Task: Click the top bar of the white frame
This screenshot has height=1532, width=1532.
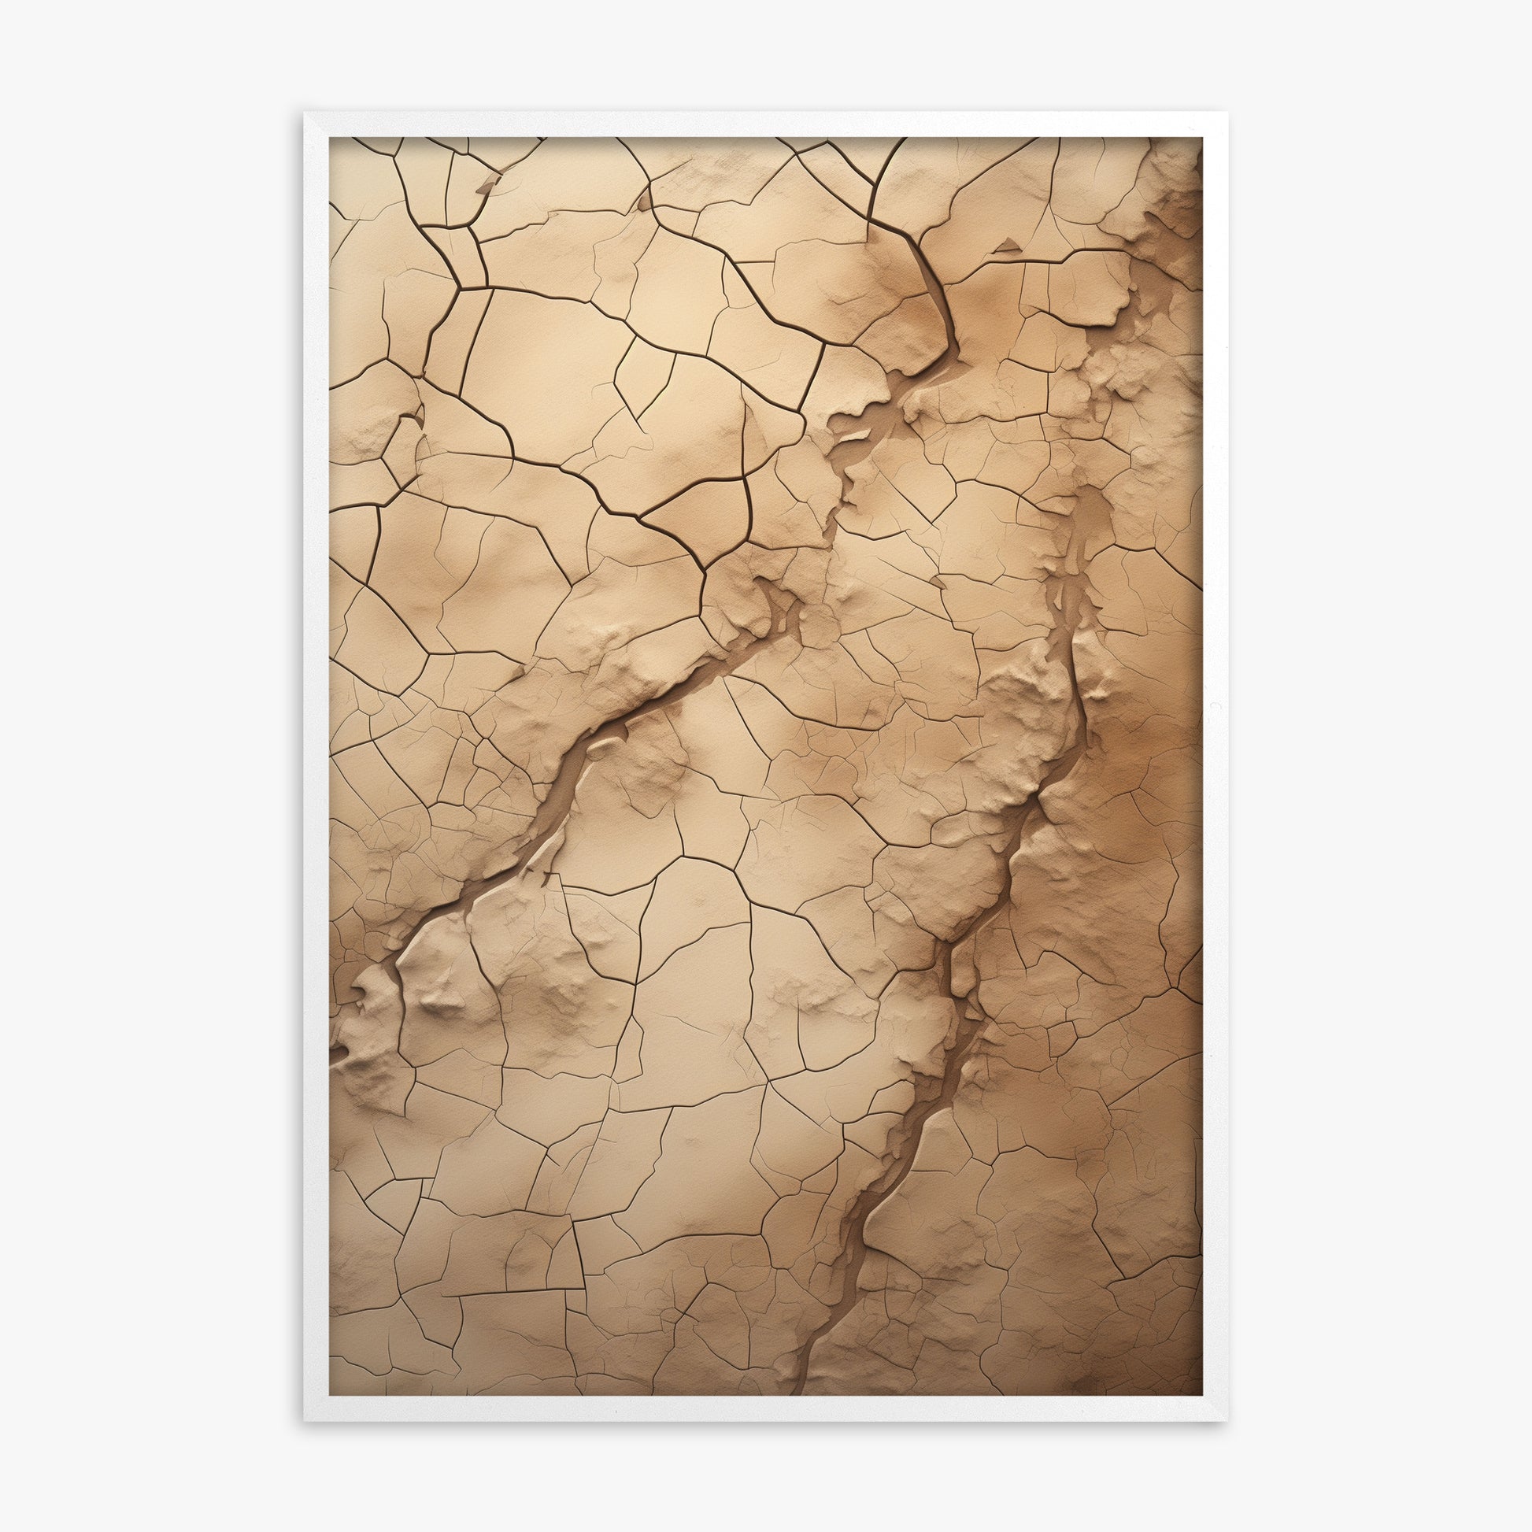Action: point(766,124)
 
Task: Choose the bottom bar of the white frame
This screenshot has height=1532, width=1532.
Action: point(766,1409)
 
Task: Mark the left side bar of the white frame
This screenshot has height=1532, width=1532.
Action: point(316,766)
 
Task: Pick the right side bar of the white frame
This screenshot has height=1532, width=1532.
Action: point(1215,766)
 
